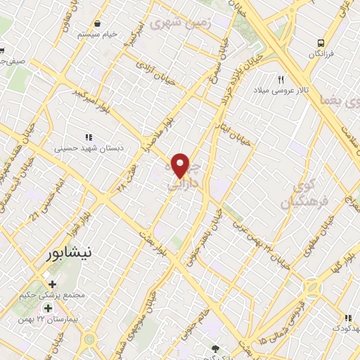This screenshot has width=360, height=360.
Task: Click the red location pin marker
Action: point(181,165)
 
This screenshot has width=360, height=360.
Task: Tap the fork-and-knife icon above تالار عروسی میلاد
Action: point(281,79)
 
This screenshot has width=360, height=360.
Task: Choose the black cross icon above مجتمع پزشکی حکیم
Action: point(52,283)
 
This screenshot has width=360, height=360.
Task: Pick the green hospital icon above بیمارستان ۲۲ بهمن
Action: point(48,308)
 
